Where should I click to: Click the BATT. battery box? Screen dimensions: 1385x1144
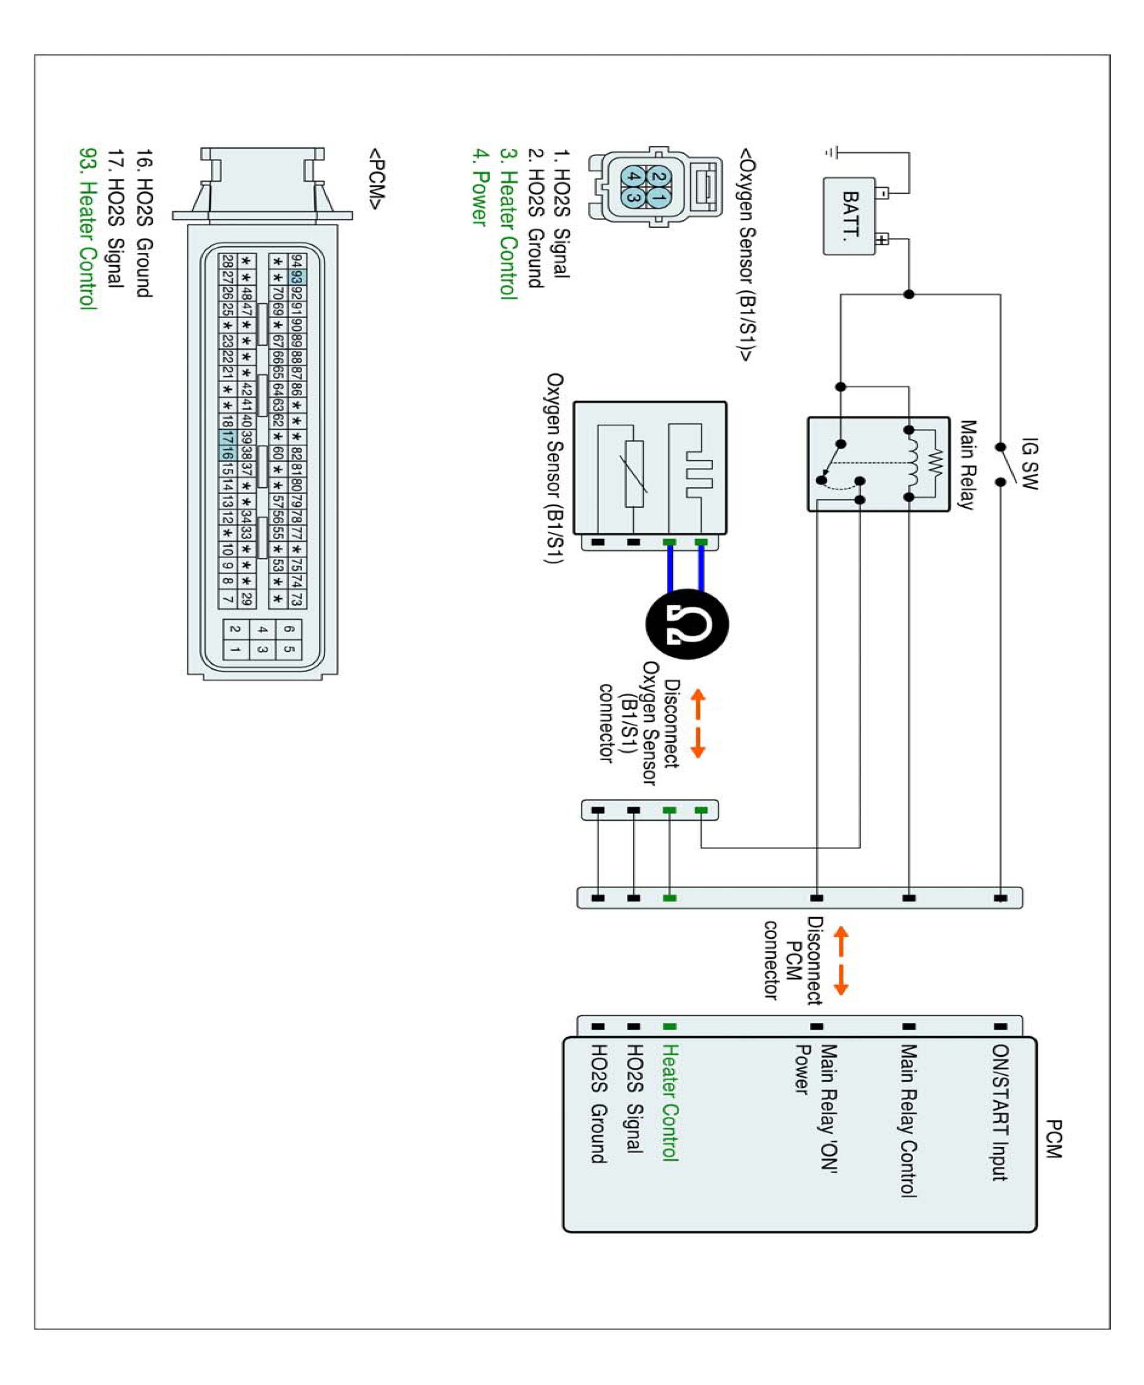(850, 215)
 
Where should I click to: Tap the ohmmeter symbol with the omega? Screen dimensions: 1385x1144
(687, 623)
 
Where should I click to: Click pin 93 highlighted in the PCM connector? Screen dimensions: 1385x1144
(297, 276)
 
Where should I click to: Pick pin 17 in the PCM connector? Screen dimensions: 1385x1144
(227, 437)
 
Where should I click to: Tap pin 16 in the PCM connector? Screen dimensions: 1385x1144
(227, 452)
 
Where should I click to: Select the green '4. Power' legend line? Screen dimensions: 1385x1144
(480, 187)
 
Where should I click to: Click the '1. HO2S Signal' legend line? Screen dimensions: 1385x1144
(561, 213)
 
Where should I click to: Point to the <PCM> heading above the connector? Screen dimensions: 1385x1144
(377, 179)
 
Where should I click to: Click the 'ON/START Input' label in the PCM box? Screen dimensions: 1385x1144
(1000, 1112)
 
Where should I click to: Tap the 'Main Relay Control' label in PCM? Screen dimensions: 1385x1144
(909, 1120)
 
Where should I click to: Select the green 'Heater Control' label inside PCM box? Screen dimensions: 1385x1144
(669, 1102)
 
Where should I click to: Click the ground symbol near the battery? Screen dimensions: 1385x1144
(832, 153)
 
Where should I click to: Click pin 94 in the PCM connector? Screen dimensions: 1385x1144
(297, 261)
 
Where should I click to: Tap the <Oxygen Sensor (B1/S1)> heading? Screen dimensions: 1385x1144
(747, 254)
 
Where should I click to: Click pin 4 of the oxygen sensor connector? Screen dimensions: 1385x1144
(633, 177)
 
